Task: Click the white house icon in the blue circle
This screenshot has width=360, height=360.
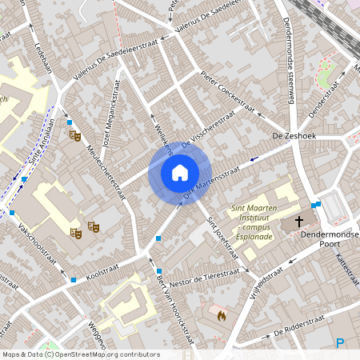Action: tap(179, 173)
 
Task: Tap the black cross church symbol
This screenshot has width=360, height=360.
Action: tap(300, 221)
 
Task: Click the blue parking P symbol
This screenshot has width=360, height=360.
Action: tap(340, 343)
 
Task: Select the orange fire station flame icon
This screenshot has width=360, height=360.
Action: tap(221, 315)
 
